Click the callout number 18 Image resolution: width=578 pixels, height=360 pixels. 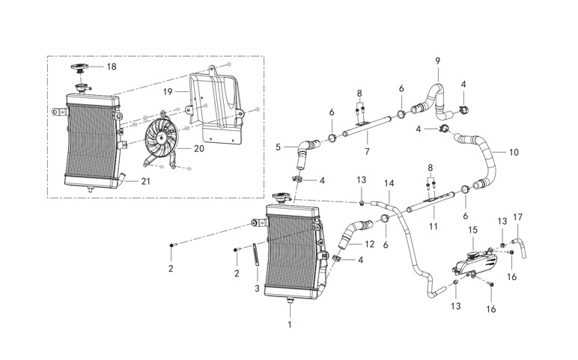pos(112,67)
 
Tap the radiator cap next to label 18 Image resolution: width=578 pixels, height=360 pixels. pos(79,69)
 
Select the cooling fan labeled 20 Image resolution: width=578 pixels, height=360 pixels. pos(160,138)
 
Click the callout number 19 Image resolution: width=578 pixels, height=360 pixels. pos(168,91)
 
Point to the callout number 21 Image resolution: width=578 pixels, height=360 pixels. pos(145,181)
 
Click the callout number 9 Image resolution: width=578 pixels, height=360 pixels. pos(437,61)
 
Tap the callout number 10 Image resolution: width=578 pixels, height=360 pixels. pos(514,152)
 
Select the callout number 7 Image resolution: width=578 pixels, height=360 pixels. pos(367,151)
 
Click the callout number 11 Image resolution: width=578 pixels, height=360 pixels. pos(433,226)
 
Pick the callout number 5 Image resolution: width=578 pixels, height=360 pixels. pos(278,147)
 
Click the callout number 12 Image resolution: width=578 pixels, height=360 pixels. pos(369,244)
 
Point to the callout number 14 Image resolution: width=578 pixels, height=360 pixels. pos(389,183)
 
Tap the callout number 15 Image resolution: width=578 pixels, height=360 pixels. pos(472,230)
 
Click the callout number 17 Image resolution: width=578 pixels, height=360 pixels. pos(517,217)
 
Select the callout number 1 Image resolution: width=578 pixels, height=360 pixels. pos(289,325)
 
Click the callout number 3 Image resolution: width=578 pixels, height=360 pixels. pos(257,288)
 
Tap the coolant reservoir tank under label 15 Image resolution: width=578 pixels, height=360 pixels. pos(475,263)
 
